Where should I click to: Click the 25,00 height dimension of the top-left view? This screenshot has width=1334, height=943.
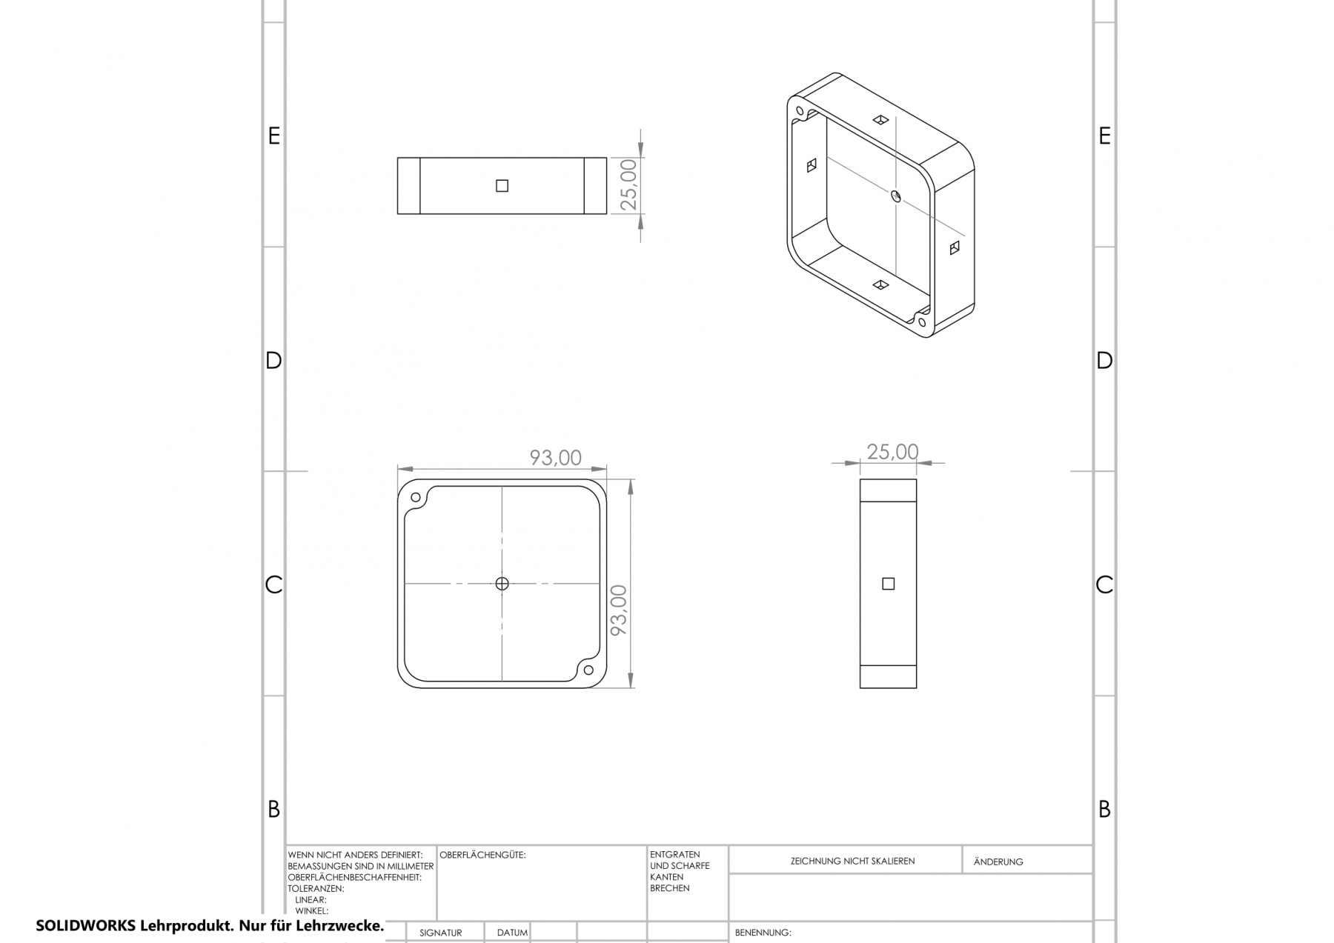(x=628, y=185)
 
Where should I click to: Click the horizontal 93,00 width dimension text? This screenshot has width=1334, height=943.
(x=555, y=458)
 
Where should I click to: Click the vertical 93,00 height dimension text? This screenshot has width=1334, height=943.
(x=618, y=610)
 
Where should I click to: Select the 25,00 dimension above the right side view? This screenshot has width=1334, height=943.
(x=892, y=452)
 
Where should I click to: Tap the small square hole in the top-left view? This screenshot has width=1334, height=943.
(x=502, y=186)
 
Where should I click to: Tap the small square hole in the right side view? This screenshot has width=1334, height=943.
(x=889, y=584)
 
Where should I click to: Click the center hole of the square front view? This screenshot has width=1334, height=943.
(x=502, y=584)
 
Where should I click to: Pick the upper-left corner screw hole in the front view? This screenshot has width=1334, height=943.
(x=415, y=498)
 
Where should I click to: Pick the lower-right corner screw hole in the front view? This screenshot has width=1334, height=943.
(x=588, y=670)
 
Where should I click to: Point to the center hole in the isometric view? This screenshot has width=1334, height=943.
(x=895, y=196)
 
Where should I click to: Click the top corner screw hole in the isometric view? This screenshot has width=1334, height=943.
(x=800, y=112)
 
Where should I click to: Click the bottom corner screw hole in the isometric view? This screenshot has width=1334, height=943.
(x=921, y=321)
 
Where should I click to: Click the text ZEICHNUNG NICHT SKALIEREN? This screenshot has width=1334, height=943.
(x=852, y=861)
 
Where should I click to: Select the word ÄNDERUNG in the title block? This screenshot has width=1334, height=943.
(x=998, y=862)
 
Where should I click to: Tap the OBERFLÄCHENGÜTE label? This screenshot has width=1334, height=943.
(x=482, y=855)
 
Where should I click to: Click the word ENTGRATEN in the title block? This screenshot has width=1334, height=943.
(x=674, y=854)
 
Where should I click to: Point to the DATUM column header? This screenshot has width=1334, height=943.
(x=512, y=933)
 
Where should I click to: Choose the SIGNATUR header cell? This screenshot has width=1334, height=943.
(x=440, y=933)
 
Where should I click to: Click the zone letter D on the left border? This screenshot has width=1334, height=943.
(x=273, y=361)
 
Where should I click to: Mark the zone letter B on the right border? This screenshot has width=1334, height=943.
(x=1104, y=810)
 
